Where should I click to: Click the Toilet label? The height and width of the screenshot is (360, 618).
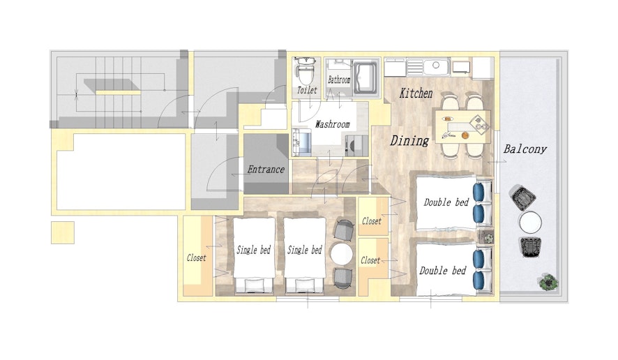pyautogui.click(x=307, y=90)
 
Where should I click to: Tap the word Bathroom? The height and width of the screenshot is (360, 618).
pyautogui.click(x=339, y=80)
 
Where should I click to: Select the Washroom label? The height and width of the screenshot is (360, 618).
pyautogui.click(x=332, y=124)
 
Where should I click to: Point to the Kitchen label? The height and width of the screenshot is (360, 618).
pyautogui.click(x=416, y=93)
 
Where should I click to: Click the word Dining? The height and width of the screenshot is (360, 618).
pyautogui.click(x=409, y=140)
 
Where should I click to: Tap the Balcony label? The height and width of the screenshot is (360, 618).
pyautogui.click(x=525, y=149)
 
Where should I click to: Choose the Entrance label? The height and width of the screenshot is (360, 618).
pyautogui.click(x=266, y=170)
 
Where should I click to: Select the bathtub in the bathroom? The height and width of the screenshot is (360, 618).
pyautogui.click(x=366, y=77)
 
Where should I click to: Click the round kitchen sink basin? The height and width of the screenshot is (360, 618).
pyautogui.click(x=436, y=65)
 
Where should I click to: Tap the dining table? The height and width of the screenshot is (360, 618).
pyautogui.click(x=463, y=126)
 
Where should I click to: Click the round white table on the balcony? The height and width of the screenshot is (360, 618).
pyautogui.click(x=530, y=223)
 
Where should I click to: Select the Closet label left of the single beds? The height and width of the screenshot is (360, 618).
pyautogui.click(x=196, y=258)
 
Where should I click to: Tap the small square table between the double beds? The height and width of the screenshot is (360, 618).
pyautogui.click(x=486, y=237)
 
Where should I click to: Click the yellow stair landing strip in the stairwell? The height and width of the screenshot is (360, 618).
pyautogui.click(x=119, y=92)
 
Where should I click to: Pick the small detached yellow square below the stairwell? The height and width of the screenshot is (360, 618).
pyautogui.click(x=63, y=232)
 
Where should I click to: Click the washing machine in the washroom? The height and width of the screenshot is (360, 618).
pyautogui.click(x=356, y=146)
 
